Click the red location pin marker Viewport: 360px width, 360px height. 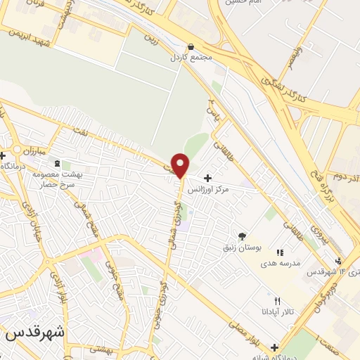pyautogui.click(x=181, y=165)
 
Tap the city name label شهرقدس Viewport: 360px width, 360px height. pyautogui.click(x=34, y=335)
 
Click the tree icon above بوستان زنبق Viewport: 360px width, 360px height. pyautogui.click(x=243, y=236)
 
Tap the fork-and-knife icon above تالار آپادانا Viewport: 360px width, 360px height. pyautogui.click(x=277, y=301)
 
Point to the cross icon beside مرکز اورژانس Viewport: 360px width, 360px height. pyautogui.click(x=207, y=178)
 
